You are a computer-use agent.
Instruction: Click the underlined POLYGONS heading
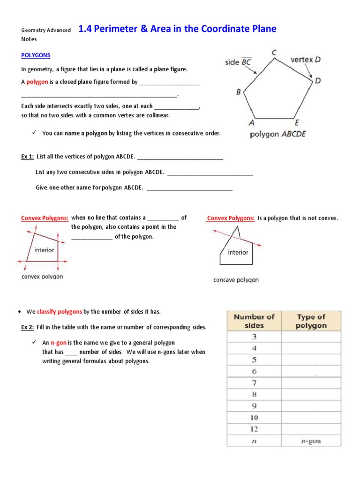(x=36, y=55)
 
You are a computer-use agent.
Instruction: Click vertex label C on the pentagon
(x=273, y=53)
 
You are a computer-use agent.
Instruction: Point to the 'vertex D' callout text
(x=306, y=60)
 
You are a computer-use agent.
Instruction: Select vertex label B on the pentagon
(x=239, y=92)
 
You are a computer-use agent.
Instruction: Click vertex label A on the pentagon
(x=252, y=123)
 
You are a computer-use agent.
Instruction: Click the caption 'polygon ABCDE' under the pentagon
(x=277, y=134)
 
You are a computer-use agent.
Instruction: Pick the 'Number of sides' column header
(x=255, y=321)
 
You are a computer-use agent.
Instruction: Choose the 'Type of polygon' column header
(x=311, y=321)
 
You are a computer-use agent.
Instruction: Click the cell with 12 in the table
(x=254, y=429)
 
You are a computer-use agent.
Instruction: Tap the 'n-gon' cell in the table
(x=311, y=441)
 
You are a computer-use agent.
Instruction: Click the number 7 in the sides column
(x=254, y=383)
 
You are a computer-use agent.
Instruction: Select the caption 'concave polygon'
(x=236, y=280)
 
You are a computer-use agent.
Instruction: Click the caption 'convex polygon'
(x=42, y=277)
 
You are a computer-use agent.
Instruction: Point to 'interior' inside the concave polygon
(x=238, y=253)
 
